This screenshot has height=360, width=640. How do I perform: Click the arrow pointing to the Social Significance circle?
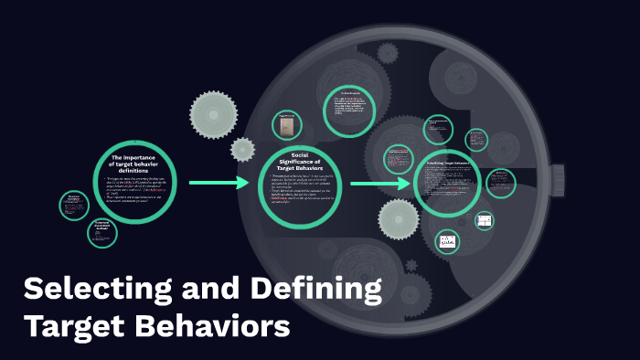(219, 183)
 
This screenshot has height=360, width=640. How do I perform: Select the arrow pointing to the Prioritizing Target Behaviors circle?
(380, 184)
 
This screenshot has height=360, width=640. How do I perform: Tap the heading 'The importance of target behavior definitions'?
(135, 164)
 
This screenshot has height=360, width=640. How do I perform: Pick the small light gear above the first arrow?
(242, 149)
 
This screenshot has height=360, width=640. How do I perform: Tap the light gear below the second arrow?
(399, 218)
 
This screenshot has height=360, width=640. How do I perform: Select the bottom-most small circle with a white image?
(447, 242)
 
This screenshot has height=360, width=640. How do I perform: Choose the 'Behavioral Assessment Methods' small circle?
(102, 232)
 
